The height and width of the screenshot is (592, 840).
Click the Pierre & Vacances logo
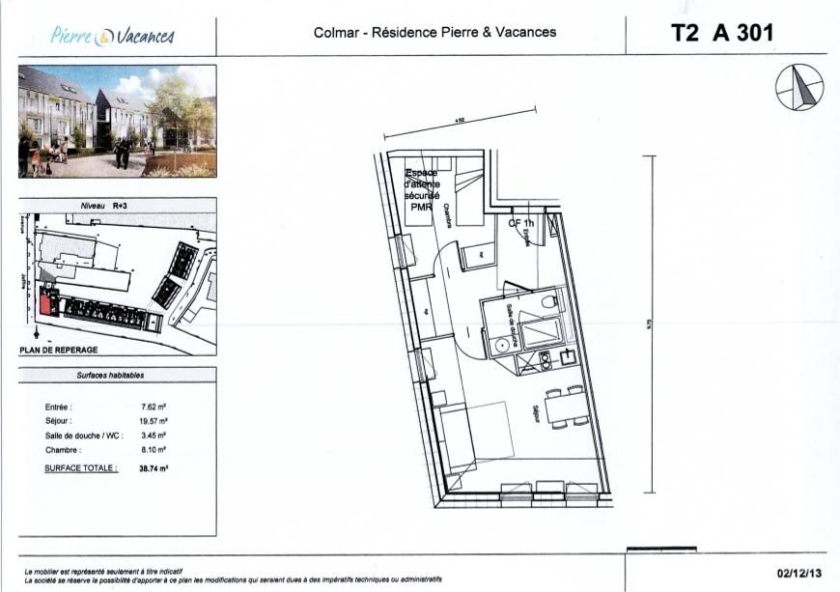(x=112, y=36)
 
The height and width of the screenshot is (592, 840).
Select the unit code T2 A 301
(x=722, y=33)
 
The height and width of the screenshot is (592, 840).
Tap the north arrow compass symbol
(x=799, y=87)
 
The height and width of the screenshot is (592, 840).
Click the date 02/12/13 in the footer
(x=797, y=573)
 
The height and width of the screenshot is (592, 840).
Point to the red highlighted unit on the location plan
(x=45, y=303)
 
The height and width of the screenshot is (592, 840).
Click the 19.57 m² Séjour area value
(x=154, y=422)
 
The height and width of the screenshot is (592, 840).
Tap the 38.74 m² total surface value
(x=154, y=467)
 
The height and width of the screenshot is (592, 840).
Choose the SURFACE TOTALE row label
(x=81, y=467)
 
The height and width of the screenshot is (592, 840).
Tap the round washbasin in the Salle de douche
(x=501, y=345)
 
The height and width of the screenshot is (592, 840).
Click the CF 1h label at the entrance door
(x=521, y=222)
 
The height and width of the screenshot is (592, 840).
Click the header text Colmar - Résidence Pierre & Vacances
(x=434, y=33)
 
